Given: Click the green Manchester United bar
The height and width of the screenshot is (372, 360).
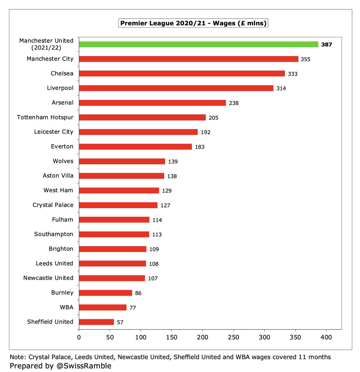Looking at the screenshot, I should pyautogui.click(x=199, y=44).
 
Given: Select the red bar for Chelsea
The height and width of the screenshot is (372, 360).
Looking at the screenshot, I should pyautogui.click(x=182, y=73).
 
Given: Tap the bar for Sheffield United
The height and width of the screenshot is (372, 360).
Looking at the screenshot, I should pyautogui.click(x=97, y=322).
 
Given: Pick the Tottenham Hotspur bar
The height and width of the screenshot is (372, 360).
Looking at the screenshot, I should pyautogui.click(x=142, y=117).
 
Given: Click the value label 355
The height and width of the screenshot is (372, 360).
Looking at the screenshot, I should pyautogui.click(x=305, y=59).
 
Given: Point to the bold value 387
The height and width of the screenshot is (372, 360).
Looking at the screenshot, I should pyautogui.click(x=326, y=45).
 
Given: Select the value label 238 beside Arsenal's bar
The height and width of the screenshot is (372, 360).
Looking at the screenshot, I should pyautogui.click(x=234, y=103).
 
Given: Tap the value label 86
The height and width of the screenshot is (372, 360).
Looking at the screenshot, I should pyautogui.click(x=138, y=293).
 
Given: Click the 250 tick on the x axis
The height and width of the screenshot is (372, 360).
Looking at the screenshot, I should pyautogui.click(x=233, y=337).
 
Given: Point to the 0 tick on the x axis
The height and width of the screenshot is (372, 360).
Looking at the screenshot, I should pyautogui.click(x=79, y=337).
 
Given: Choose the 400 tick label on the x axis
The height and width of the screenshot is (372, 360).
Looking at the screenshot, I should pyautogui.click(x=326, y=337).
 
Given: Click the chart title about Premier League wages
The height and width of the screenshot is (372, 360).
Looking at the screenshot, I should pyautogui.click(x=193, y=23).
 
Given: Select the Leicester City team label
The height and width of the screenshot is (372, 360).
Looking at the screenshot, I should pyautogui.click(x=54, y=132).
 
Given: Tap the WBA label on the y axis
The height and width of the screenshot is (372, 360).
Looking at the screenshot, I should pyautogui.click(x=66, y=307).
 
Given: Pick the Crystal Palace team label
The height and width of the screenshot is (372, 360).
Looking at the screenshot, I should pyautogui.click(x=53, y=205).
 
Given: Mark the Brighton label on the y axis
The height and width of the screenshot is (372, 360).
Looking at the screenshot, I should pyautogui.click(x=61, y=249).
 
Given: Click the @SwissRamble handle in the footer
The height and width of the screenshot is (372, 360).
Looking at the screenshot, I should pyautogui.click(x=84, y=366).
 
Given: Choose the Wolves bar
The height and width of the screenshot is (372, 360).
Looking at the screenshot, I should pyautogui.click(x=122, y=161).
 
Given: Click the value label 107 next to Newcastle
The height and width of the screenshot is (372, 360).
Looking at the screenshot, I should pyautogui.click(x=153, y=278).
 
